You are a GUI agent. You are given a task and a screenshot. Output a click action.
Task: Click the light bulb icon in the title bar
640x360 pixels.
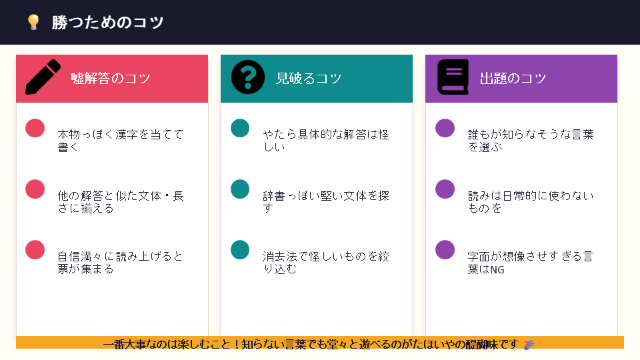click(33, 23)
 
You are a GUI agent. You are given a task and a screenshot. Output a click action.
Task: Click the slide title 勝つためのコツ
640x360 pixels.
click(108, 23)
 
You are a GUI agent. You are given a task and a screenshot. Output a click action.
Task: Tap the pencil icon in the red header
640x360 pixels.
click(43, 78)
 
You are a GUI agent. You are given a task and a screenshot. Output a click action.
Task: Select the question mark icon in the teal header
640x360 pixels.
click(248, 77)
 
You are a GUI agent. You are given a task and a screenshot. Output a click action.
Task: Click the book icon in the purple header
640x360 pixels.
click(453, 77)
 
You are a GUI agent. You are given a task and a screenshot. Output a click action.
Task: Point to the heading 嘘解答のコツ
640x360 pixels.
click(111, 79)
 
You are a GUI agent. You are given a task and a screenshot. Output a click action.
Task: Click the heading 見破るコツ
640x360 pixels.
click(309, 79)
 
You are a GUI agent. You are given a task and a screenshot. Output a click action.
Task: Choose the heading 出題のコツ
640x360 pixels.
click(513, 79)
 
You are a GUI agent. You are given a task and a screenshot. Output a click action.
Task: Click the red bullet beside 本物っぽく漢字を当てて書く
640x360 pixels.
click(35, 128)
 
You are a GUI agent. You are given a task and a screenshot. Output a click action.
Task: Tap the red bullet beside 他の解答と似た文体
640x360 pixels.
click(35, 189)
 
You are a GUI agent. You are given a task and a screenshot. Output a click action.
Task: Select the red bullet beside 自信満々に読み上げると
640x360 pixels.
click(35, 250)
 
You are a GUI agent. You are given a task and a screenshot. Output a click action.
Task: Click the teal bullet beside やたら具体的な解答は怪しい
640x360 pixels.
click(240, 128)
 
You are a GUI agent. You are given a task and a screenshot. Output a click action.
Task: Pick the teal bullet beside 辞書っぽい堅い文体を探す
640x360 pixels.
click(240, 189)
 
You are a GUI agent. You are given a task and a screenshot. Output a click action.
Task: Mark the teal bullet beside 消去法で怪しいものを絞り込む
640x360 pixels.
click(240, 250)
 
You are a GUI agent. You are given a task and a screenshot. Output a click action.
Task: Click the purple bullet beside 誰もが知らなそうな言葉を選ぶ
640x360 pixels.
click(445, 128)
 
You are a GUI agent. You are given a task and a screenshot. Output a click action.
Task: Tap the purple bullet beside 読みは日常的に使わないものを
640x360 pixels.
click(445, 189)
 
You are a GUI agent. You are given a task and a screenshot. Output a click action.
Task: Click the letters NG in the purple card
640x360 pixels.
click(497, 270)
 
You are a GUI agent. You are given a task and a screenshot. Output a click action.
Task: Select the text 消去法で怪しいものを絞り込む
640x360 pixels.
click(326, 263)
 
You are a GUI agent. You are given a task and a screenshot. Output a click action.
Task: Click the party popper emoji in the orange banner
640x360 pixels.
click(529, 344)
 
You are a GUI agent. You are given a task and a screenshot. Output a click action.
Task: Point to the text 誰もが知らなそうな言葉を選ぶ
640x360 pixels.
click(530, 141)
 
